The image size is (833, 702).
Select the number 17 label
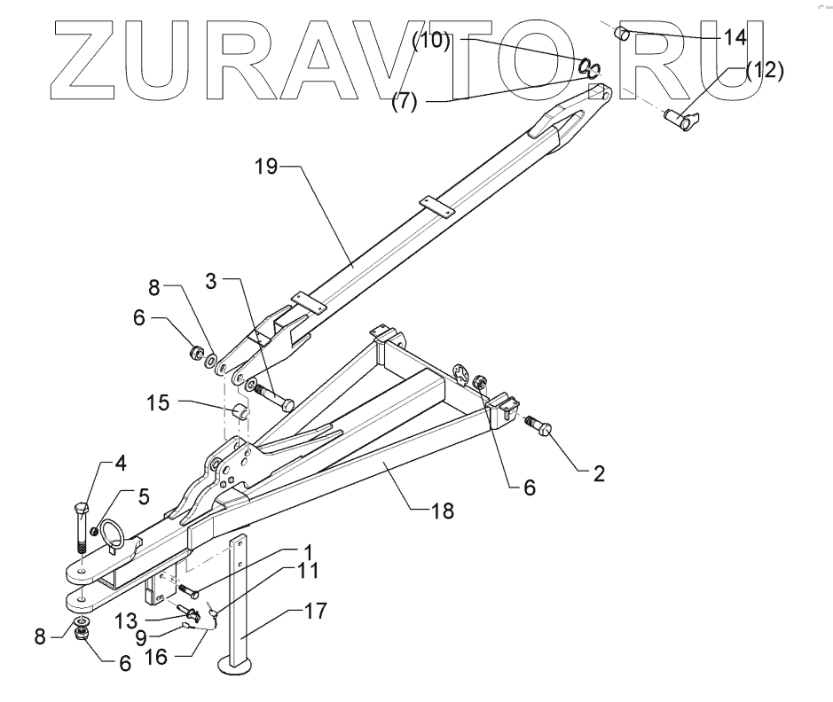tap(315, 611)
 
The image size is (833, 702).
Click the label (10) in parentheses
tap(432, 42)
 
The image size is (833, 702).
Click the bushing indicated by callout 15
tap(240, 413)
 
